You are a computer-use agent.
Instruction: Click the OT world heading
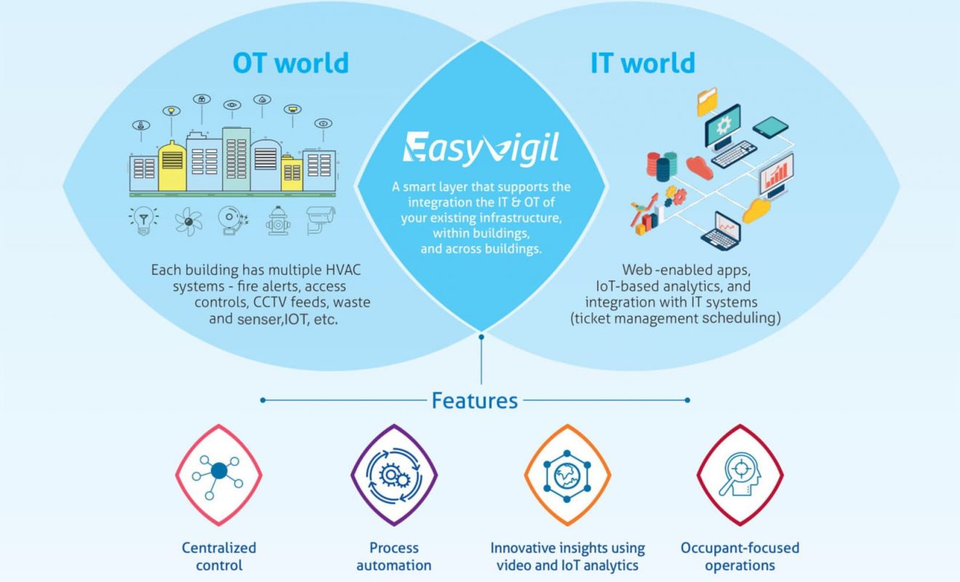[291, 63]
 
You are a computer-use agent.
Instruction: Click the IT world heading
[642, 63]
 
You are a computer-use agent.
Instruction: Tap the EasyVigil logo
[481, 148]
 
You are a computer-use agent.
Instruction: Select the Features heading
[475, 401]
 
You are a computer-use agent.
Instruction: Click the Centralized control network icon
[219, 475]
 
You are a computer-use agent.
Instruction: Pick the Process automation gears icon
[394, 475]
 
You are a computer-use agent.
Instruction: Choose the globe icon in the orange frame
[567, 476]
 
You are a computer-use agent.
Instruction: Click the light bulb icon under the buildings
[143, 220]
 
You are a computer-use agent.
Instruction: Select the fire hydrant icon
[278, 220]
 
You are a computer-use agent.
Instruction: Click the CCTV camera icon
[321, 220]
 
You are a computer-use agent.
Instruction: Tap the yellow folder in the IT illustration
[707, 101]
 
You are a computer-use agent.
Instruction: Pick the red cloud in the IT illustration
[700, 168]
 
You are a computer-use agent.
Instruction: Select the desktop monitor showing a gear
[723, 127]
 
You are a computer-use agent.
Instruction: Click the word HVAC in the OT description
[343, 270]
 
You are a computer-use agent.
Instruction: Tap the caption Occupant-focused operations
[740, 557]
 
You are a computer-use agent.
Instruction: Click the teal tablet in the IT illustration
[771, 127]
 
